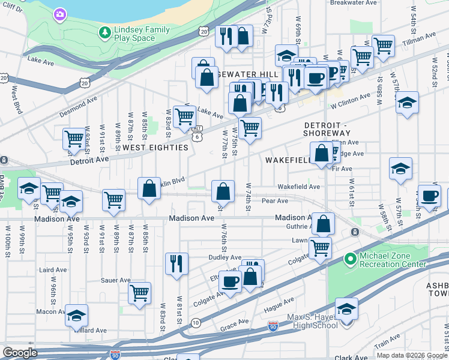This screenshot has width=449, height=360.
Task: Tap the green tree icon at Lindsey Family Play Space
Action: click(x=105, y=31)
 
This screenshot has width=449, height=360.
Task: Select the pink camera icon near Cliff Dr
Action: click(x=59, y=14)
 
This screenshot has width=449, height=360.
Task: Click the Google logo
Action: click(x=20, y=353)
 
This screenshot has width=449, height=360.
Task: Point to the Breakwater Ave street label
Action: click(x=355, y=2)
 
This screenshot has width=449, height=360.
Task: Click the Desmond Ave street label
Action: click(x=78, y=107)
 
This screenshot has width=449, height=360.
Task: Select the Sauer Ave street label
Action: click(x=116, y=280)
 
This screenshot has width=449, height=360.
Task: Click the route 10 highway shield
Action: click(x=196, y=323)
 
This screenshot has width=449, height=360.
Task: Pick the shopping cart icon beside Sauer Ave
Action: click(x=139, y=293)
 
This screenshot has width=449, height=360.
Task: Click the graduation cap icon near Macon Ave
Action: click(x=76, y=315)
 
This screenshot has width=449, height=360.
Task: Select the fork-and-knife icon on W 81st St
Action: click(x=176, y=263)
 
